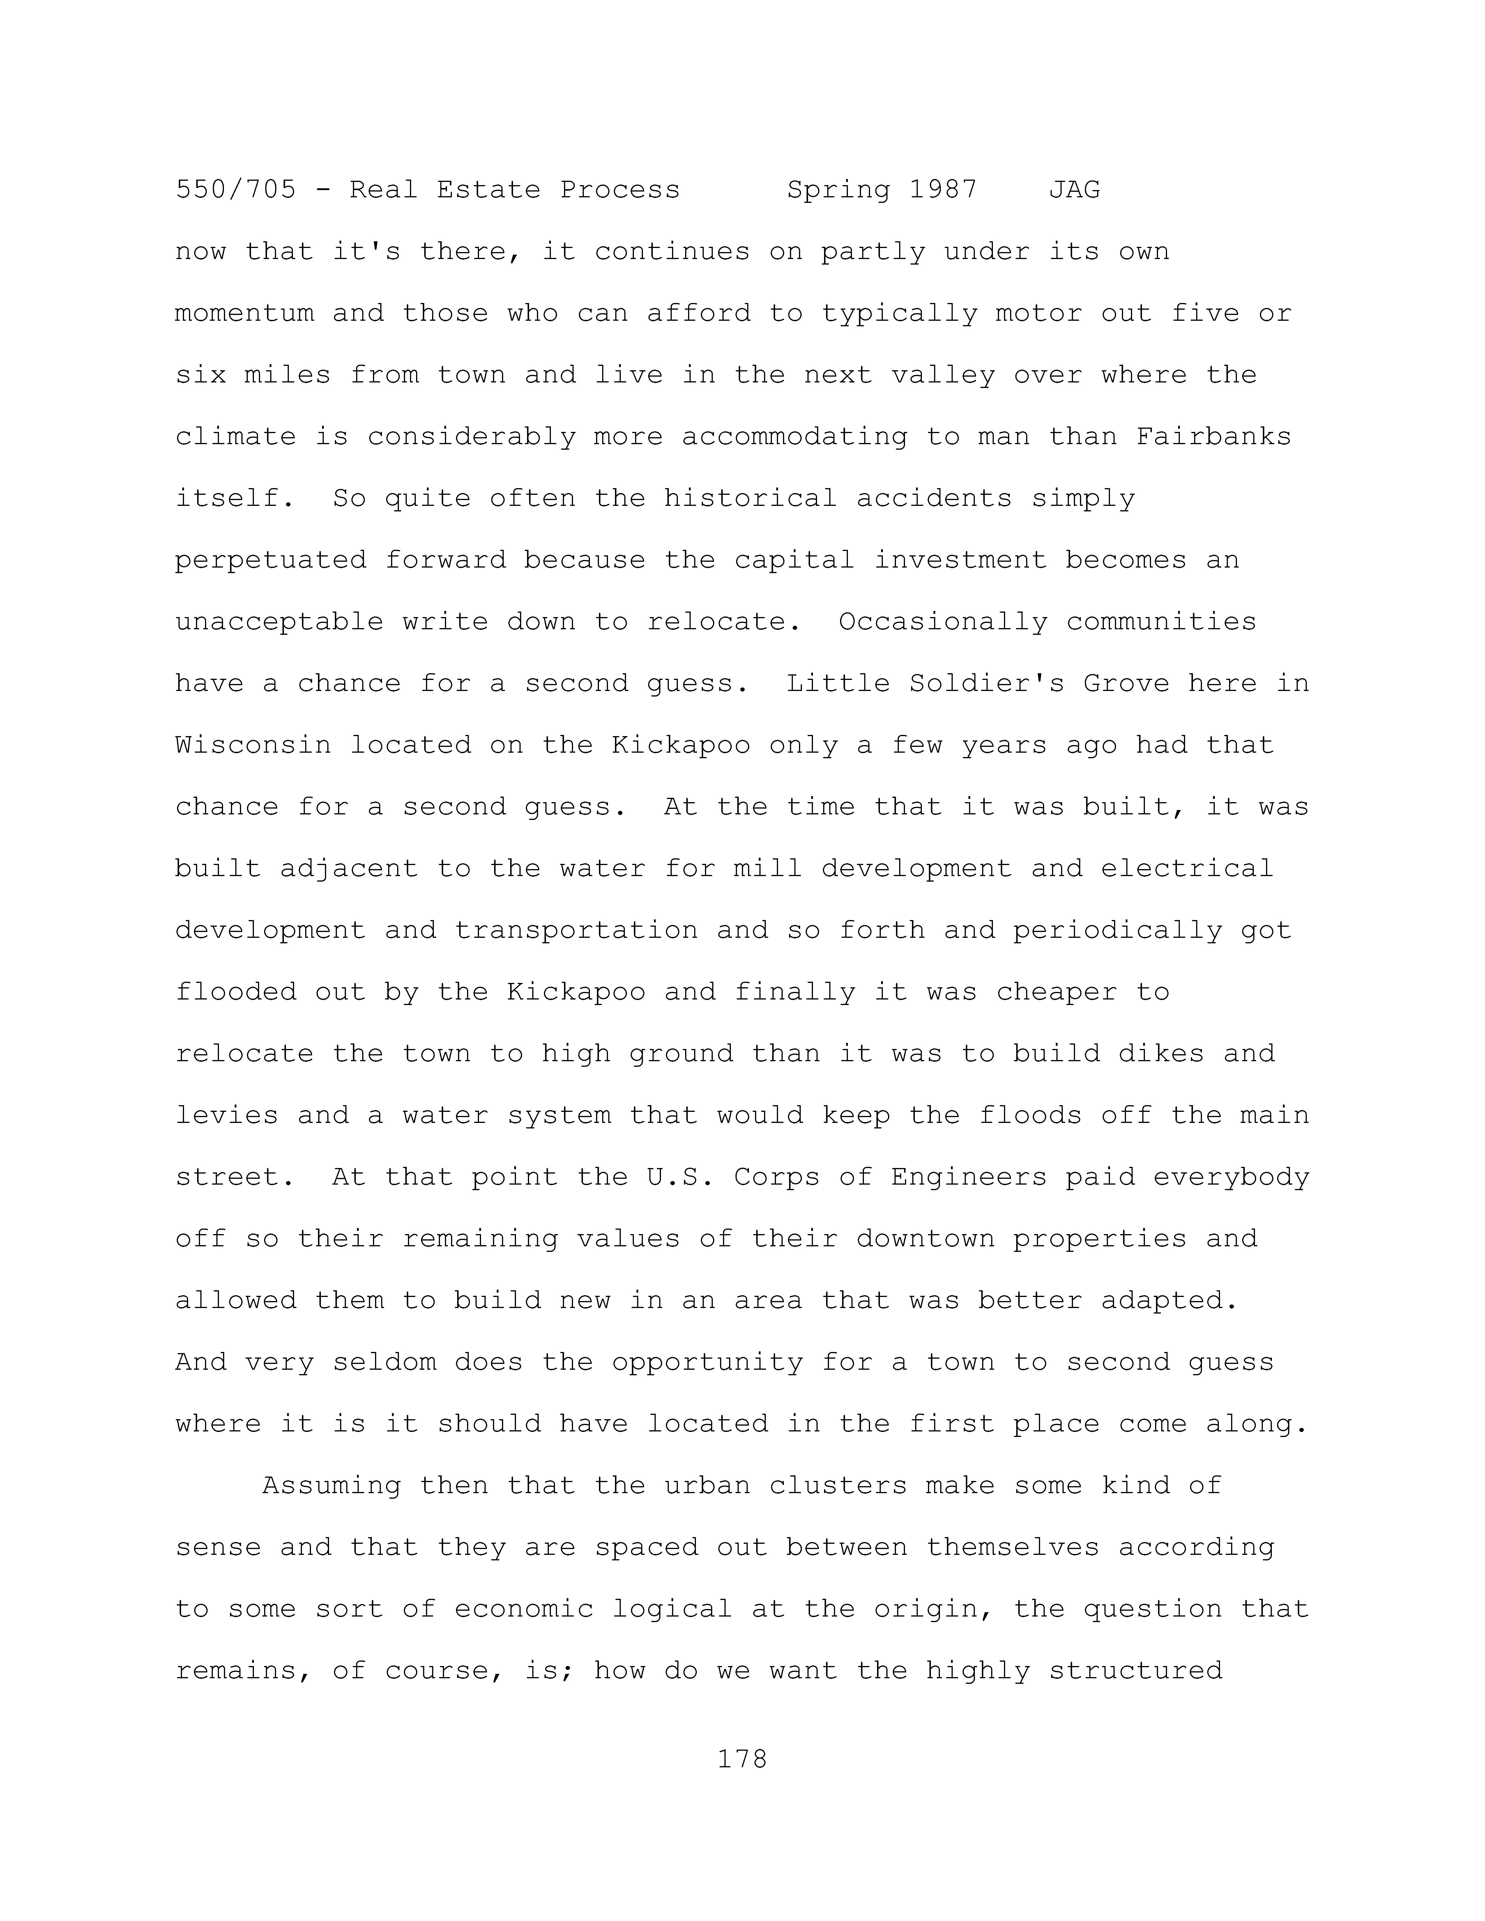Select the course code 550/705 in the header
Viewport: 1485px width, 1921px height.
coord(236,190)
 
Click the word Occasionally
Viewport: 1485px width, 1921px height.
coord(942,622)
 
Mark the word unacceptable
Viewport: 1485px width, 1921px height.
coord(280,622)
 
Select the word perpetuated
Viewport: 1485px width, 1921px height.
coord(271,560)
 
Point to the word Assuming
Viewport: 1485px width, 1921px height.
coord(332,1486)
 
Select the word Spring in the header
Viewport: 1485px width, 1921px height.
coord(837,190)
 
